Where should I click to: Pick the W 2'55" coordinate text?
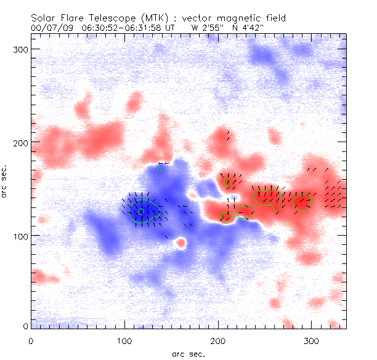pos(208,28)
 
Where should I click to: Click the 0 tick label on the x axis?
pos(31,341)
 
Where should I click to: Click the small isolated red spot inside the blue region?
pos(180,243)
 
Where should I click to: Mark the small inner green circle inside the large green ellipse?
pos(140,211)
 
